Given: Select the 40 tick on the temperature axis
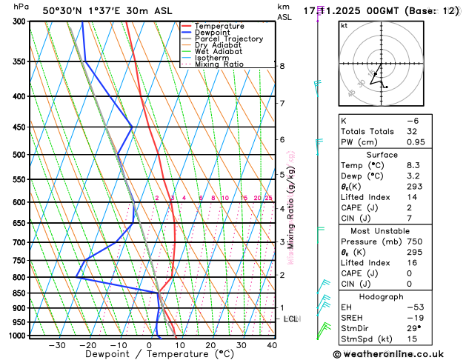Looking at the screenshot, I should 272,345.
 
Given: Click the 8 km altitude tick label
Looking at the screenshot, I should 282,66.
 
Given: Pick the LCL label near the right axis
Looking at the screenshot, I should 291,319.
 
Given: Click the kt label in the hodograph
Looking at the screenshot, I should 344,25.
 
